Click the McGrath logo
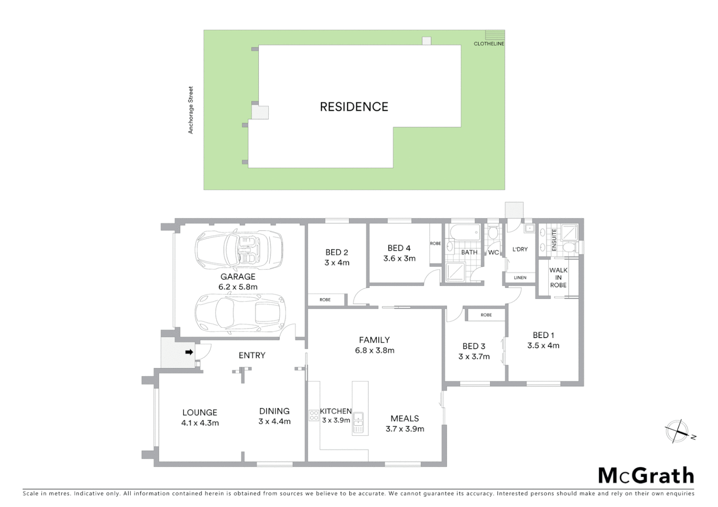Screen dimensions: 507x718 point(646,476)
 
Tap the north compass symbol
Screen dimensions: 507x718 point(678,431)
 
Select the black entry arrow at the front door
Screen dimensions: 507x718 point(189,352)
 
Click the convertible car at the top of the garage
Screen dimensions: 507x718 point(239,249)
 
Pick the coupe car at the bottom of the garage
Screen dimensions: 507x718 point(240,313)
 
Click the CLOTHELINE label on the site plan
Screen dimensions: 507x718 point(489,44)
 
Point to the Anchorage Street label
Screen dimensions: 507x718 point(191,110)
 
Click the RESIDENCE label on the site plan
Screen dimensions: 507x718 point(354,107)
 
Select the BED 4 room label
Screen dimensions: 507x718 point(399,248)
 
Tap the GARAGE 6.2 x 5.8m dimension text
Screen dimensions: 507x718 point(238,287)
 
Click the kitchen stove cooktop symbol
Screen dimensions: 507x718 point(314,415)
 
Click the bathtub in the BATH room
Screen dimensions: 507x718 point(464,232)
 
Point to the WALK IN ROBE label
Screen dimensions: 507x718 point(558,277)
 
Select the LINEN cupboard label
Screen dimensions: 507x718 point(520,278)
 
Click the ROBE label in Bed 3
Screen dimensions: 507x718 point(486,315)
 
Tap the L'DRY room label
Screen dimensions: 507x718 point(520,249)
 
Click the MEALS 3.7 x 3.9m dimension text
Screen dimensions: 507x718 point(405,429)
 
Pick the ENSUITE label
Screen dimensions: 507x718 point(554,239)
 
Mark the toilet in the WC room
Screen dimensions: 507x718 point(492,233)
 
